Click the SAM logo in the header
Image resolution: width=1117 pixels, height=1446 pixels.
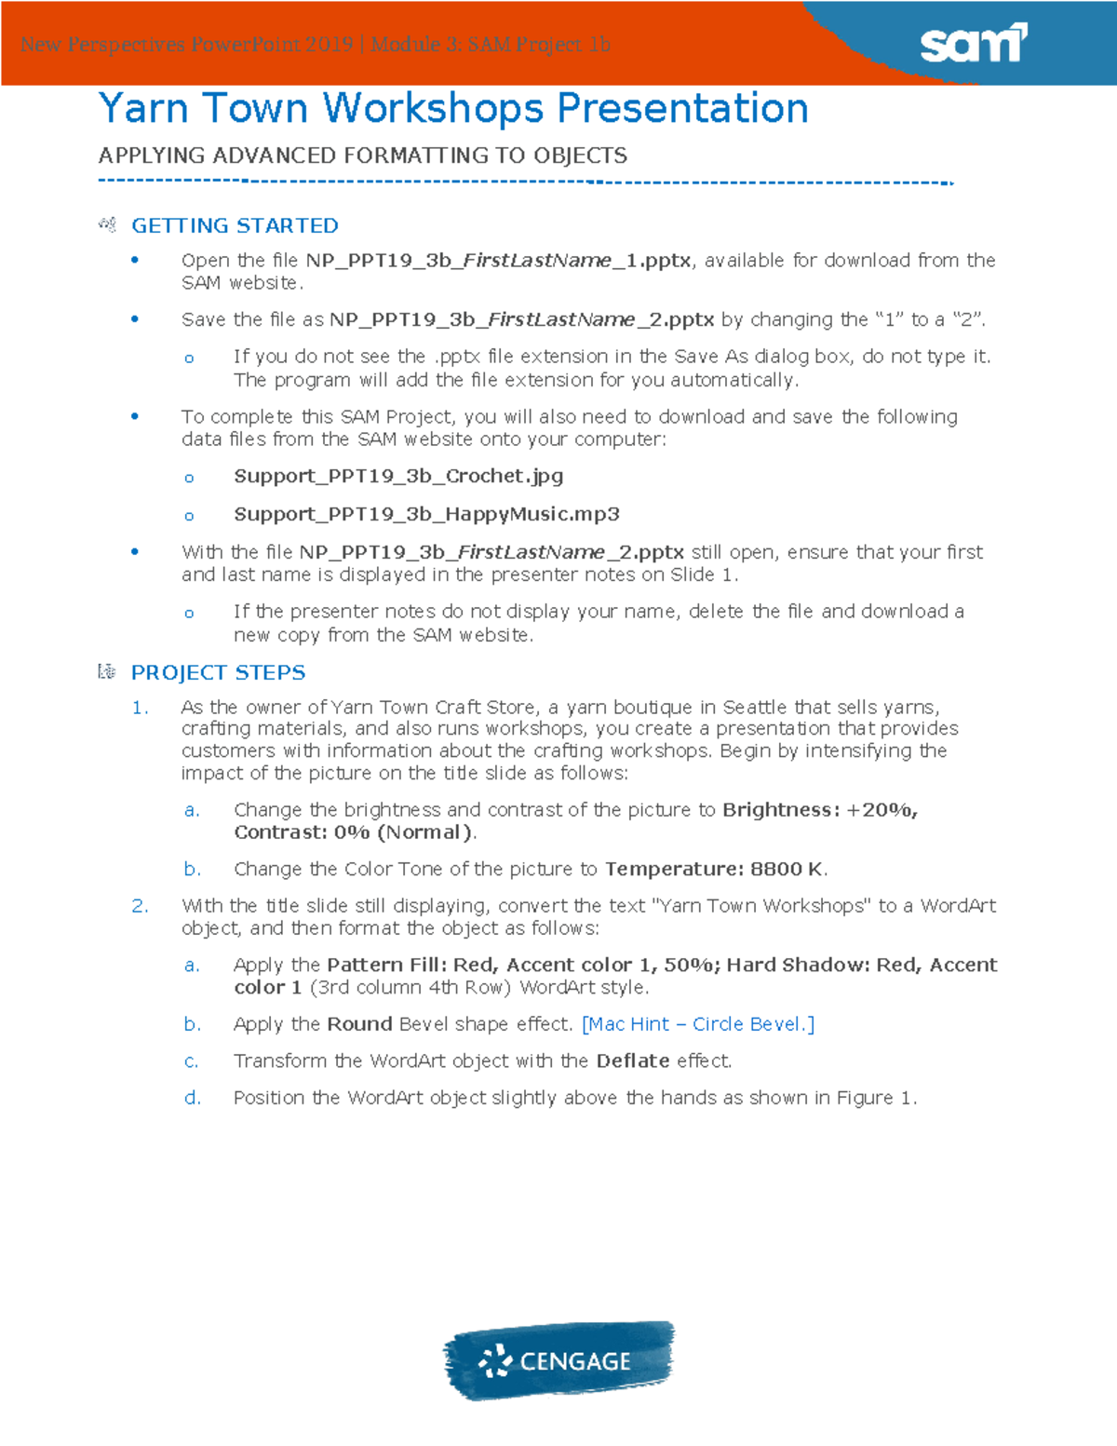(973, 44)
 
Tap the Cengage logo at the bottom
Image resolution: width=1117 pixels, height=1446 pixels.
(558, 1360)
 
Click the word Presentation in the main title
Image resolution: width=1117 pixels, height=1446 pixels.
(682, 108)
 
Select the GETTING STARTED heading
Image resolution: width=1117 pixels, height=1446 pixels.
(235, 225)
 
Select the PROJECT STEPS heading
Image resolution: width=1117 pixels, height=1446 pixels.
(218, 672)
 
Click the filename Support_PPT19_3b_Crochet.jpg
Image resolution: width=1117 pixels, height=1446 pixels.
(398, 476)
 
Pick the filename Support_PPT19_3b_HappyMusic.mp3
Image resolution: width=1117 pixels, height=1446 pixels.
(426, 514)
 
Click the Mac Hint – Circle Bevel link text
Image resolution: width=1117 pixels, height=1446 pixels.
(698, 1024)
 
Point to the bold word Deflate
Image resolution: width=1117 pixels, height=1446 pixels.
(633, 1061)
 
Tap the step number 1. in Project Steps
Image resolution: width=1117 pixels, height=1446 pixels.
(140, 708)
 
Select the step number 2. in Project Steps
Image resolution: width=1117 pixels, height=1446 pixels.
(140, 906)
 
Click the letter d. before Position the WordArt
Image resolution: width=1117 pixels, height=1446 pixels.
(192, 1098)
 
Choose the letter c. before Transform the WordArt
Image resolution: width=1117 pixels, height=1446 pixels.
(191, 1061)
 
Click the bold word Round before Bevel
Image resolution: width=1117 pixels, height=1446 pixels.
(359, 1024)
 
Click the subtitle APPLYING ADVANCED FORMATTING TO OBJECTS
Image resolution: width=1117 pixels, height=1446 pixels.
(363, 155)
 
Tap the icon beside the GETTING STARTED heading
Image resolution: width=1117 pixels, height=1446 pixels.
(107, 224)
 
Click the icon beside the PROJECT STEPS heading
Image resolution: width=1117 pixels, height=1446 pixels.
(107, 671)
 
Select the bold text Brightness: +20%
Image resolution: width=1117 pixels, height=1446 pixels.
(819, 810)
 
